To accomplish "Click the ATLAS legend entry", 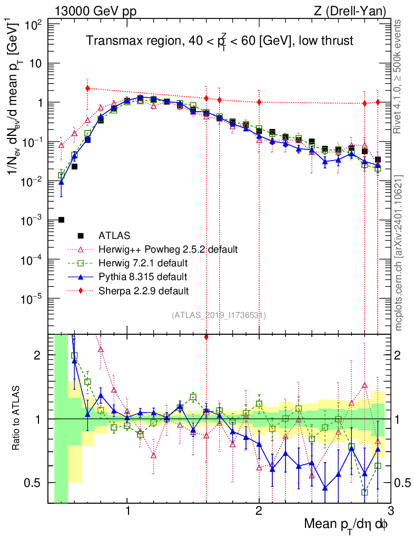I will coord(115,235).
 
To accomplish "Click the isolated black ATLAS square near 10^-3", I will coord(61,219).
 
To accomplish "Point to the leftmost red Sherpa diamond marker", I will coord(87,88).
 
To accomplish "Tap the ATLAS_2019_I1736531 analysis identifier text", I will coord(219,315).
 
